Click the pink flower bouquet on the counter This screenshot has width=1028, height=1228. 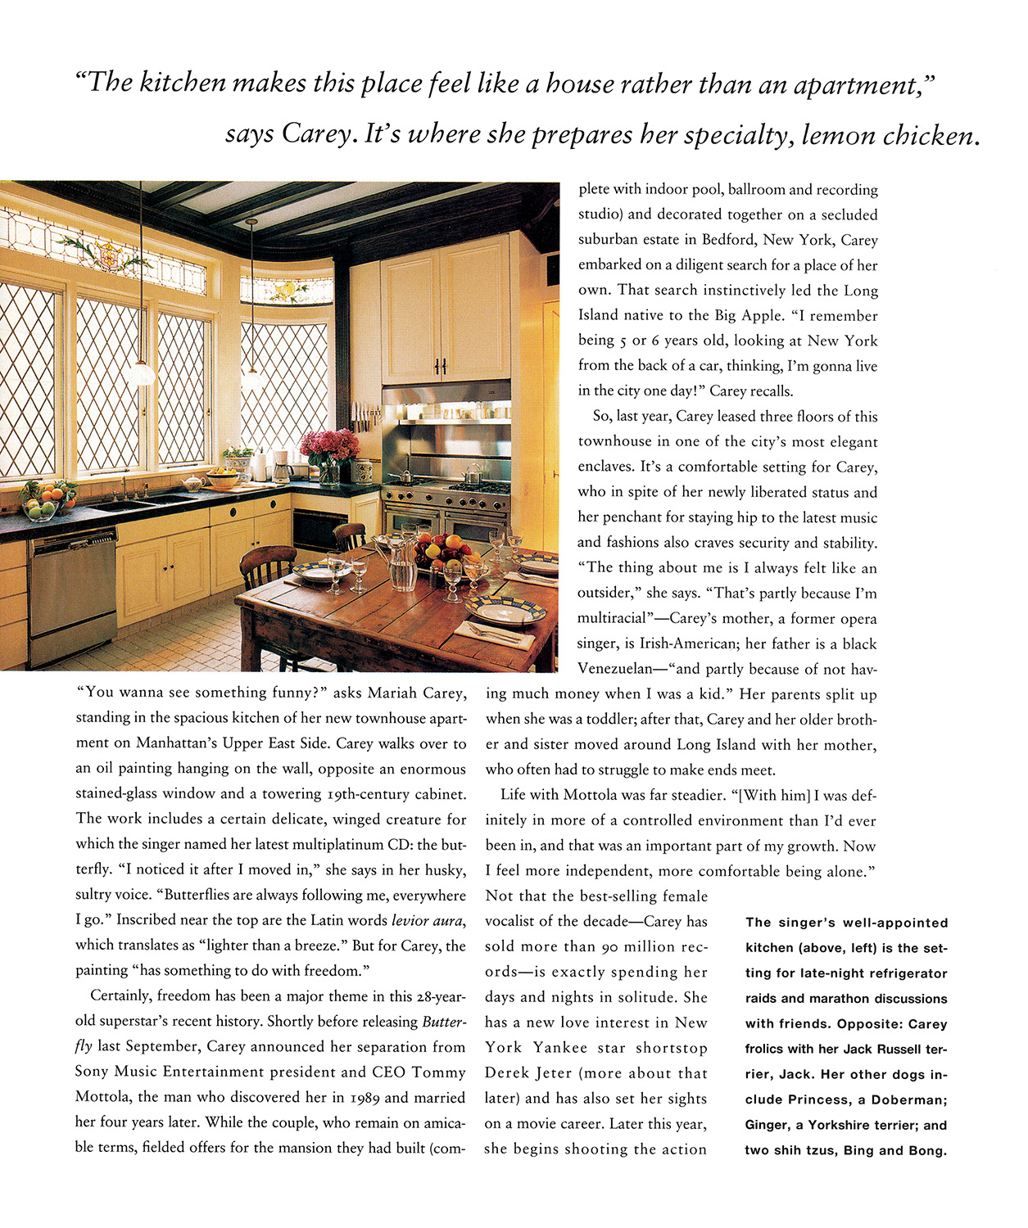click(329, 446)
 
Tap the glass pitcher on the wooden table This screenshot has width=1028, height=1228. click(402, 563)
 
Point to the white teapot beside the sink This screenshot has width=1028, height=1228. click(194, 483)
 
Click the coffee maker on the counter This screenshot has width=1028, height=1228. click(282, 467)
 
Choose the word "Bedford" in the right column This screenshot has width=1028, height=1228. click(728, 240)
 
